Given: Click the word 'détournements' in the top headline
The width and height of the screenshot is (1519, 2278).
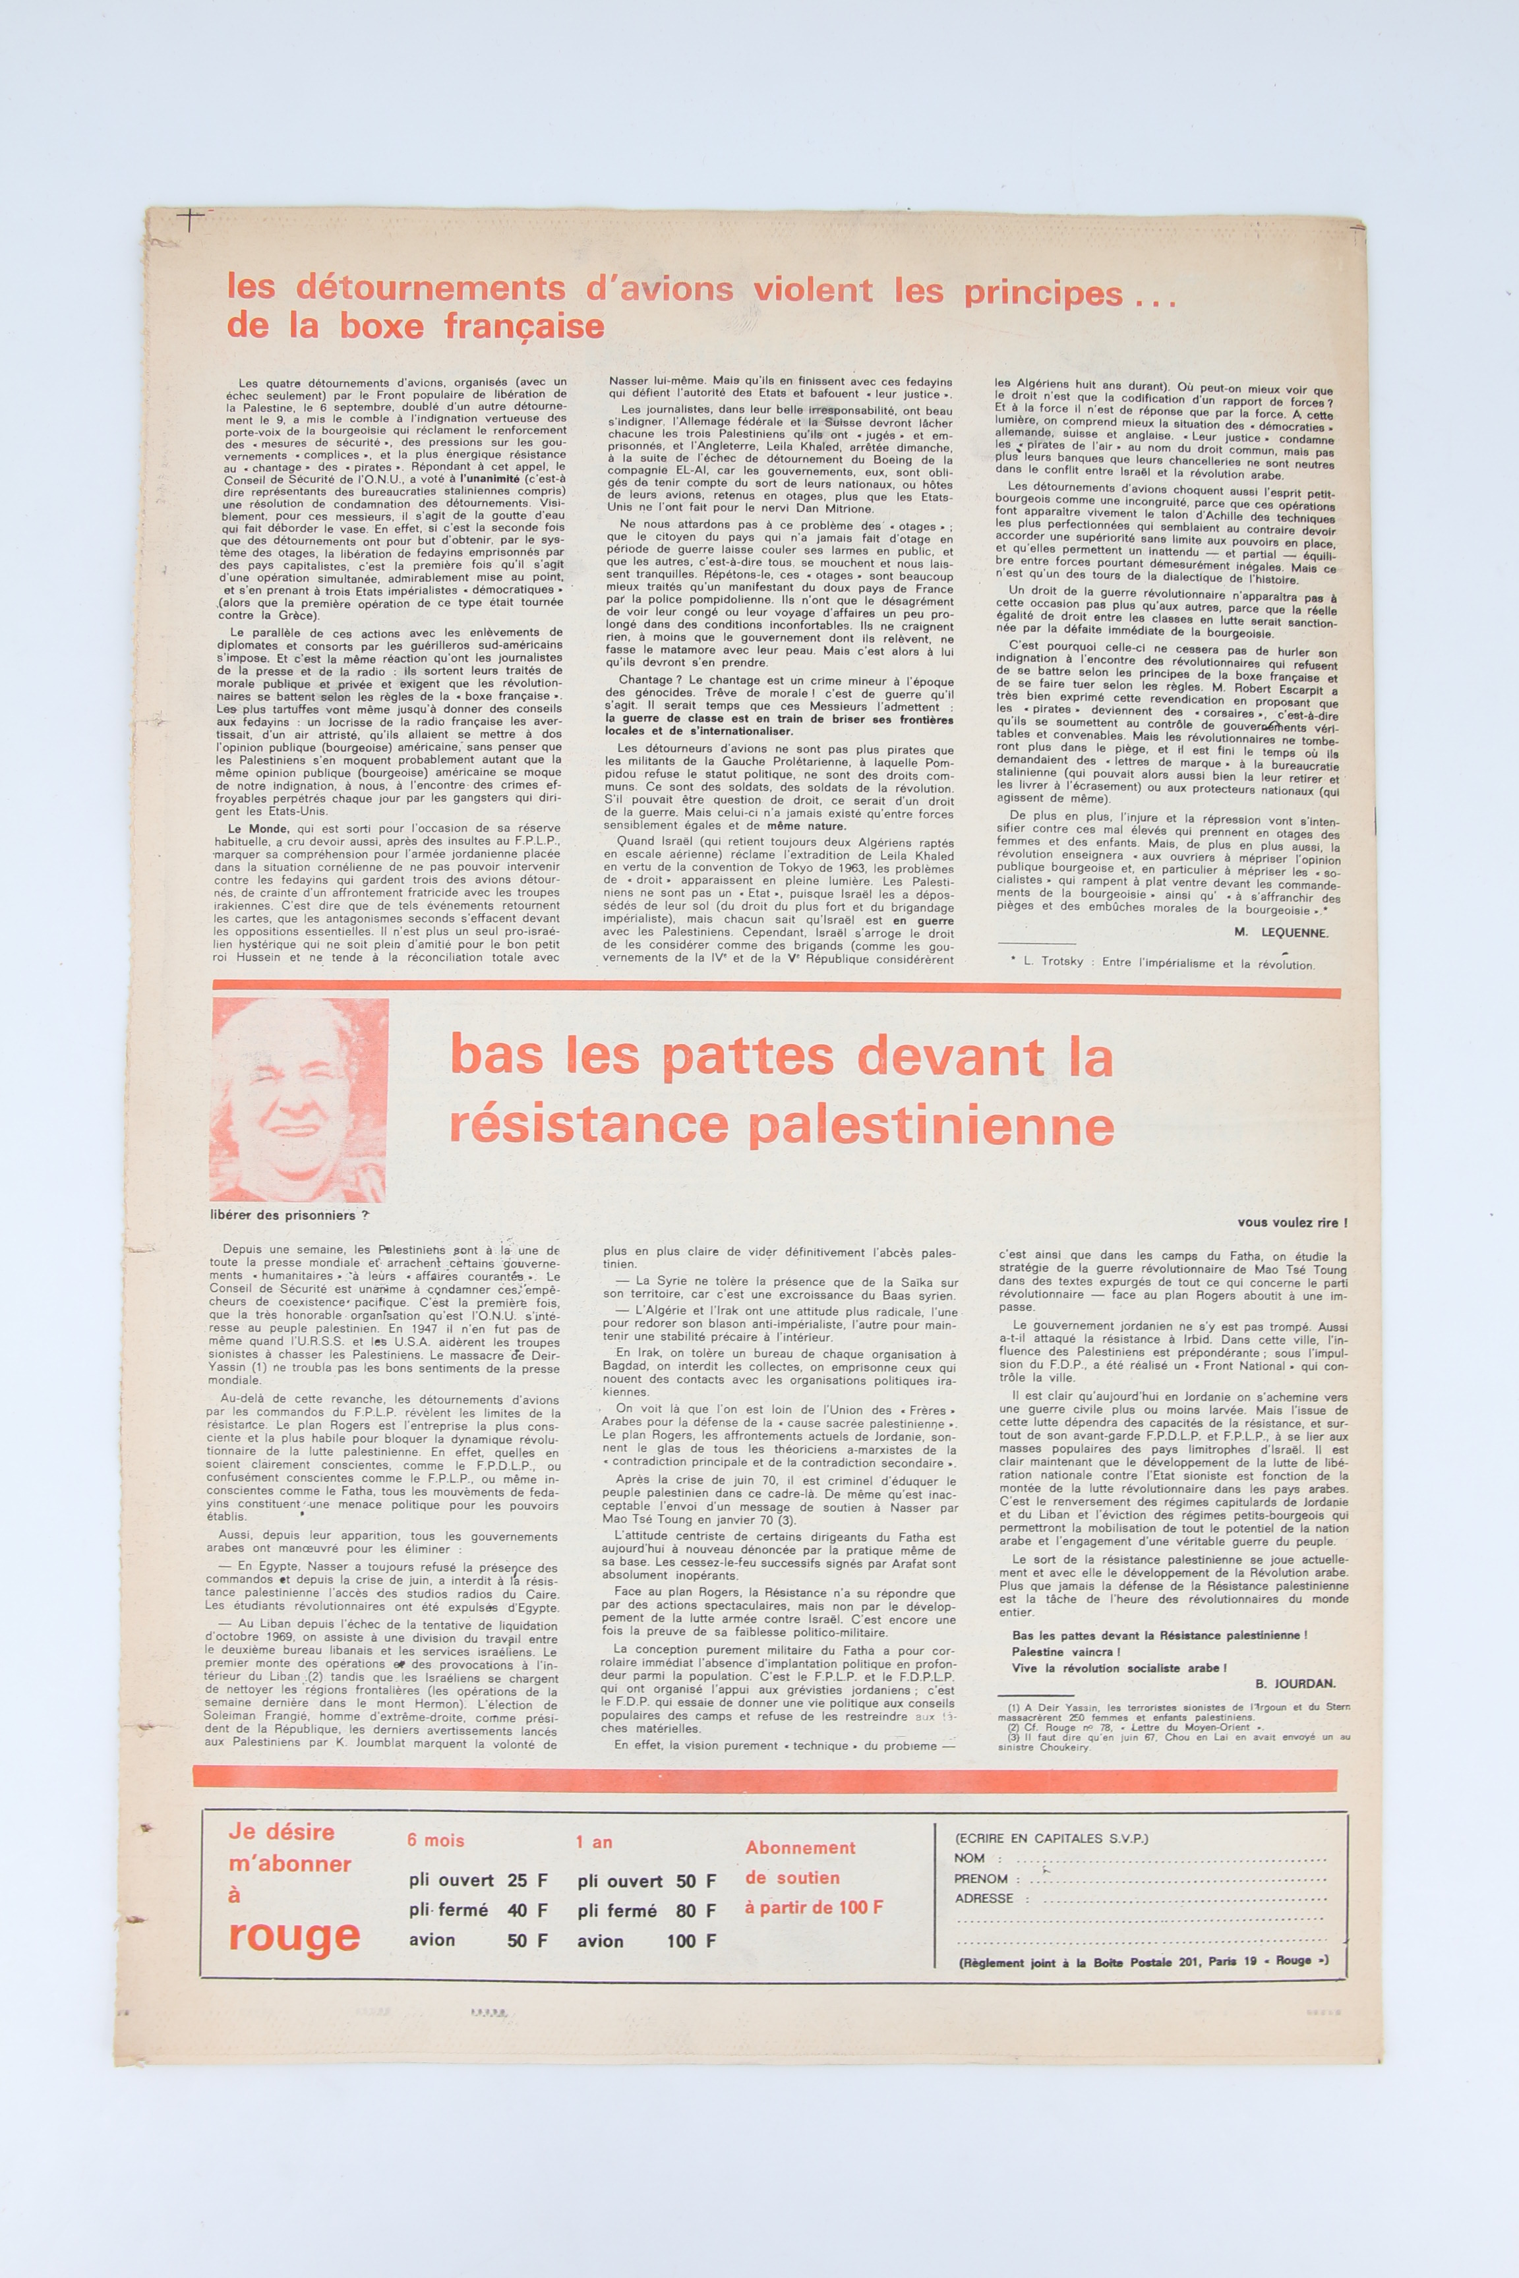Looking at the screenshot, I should coord(396,289).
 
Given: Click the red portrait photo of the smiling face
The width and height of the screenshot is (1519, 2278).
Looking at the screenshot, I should coord(299,1100).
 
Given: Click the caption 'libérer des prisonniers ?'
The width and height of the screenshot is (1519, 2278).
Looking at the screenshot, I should coord(289,1215).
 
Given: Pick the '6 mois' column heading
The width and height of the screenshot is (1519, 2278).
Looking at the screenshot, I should coord(436,1841).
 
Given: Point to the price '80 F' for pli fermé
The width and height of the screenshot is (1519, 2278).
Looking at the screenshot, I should coord(696,1911).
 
